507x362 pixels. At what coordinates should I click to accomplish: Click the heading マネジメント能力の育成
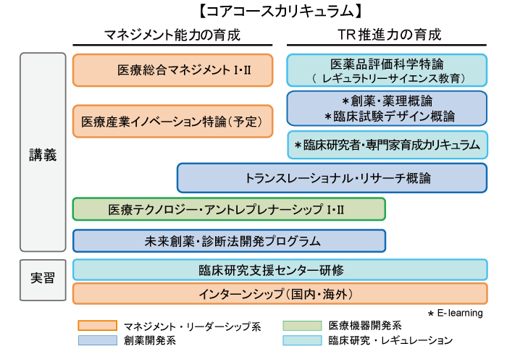[172, 35]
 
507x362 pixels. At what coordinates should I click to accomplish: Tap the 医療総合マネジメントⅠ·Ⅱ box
[172, 70]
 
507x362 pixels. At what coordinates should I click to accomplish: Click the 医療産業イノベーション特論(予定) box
[172, 121]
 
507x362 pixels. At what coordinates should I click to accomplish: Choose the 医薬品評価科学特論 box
[387, 70]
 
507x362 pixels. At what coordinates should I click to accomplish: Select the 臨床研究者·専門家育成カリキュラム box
[387, 146]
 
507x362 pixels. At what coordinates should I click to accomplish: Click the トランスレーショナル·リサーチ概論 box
[332, 177]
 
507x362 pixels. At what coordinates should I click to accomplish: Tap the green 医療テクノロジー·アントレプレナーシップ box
[229, 209]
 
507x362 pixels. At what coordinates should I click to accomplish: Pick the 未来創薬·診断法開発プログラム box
[229, 241]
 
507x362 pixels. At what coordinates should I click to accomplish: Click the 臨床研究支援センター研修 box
[280, 270]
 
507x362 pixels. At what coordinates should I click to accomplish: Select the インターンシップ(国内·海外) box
[280, 293]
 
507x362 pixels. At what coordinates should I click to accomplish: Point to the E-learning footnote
[456, 313]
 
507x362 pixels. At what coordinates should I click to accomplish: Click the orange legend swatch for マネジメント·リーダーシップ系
[97, 326]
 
